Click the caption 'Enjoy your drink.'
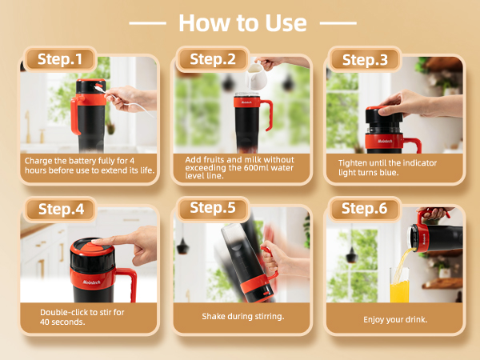click(396, 319)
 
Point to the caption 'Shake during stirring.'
click(243, 316)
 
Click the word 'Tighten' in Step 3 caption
click(353, 162)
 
